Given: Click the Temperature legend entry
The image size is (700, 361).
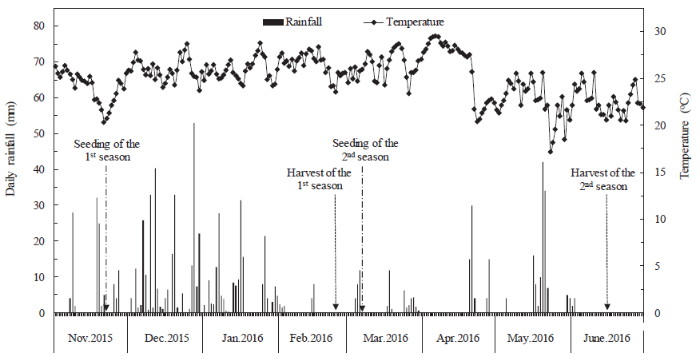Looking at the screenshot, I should [x=415, y=22].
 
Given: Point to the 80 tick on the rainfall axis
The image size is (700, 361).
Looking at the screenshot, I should [x=37, y=26].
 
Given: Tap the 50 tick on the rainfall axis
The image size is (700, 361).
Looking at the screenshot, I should [x=37, y=134].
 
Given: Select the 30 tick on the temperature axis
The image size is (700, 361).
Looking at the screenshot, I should [x=660, y=32].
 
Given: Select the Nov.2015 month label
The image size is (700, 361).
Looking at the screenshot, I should [x=90, y=338].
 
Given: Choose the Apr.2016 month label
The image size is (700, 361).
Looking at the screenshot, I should [x=458, y=338].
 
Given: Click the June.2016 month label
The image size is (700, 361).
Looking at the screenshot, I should [x=607, y=338].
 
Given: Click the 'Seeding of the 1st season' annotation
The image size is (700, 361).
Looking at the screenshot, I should [x=107, y=150].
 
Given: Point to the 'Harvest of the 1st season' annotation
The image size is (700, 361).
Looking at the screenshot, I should [x=318, y=179].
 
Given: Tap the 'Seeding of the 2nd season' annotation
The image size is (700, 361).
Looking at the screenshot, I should [x=365, y=150].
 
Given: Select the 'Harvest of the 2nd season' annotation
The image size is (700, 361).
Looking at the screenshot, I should [x=603, y=179].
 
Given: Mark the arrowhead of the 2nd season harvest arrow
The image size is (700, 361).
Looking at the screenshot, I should [x=607, y=307].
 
